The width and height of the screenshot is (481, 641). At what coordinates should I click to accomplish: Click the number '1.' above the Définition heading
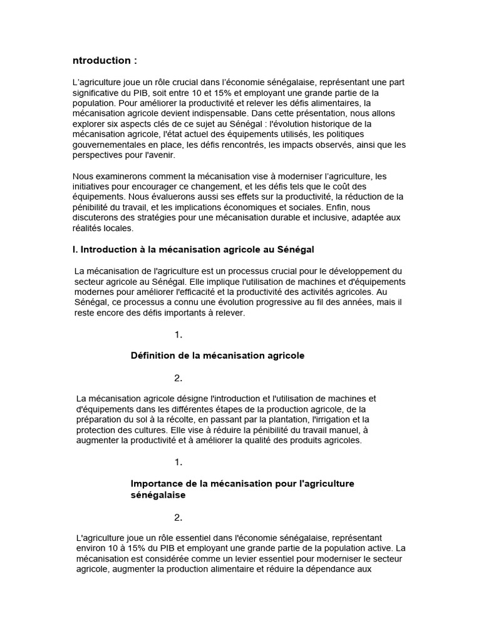(178, 335)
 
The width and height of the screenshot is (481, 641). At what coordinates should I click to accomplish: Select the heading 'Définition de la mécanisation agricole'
(217, 355)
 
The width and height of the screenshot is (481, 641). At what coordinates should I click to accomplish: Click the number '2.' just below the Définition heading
(178, 377)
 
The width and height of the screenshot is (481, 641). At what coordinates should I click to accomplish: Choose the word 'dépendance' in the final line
(334, 570)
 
